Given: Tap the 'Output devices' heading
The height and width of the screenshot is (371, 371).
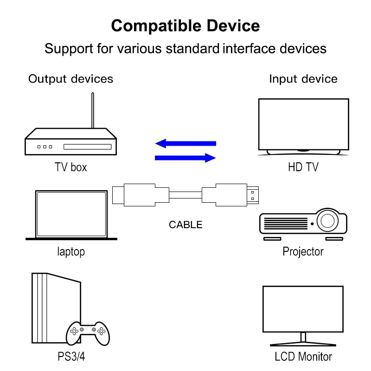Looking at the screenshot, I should click(x=70, y=79).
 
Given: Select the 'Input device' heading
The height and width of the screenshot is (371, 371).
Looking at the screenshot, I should click(x=303, y=79).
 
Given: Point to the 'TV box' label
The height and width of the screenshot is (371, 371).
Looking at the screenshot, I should click(x=71, y=167).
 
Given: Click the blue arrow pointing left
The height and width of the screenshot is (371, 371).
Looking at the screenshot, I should click(x=185, y=143).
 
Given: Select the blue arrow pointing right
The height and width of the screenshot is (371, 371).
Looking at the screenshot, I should click(x=185, y=158).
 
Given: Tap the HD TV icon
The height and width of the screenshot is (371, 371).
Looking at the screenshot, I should click(x=303, y=125).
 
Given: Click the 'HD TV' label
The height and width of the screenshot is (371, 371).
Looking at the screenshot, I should click(x=303, y=167).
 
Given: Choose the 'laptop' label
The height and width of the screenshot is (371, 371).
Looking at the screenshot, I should click(x=71, y=252).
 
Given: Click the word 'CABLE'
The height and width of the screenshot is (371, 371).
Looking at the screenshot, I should click(x=185, y=225).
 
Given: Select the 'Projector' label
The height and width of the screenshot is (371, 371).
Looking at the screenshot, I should click(x=303, y=252).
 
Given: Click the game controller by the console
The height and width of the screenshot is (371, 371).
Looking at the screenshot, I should click(x=88, y=332).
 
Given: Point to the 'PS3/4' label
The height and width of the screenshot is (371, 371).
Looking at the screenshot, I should click(x=71, y=357).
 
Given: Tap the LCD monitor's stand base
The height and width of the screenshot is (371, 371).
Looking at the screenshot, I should click(x=303, y=344).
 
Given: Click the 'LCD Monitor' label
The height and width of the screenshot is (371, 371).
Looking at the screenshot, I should click(x=303, y=357).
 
